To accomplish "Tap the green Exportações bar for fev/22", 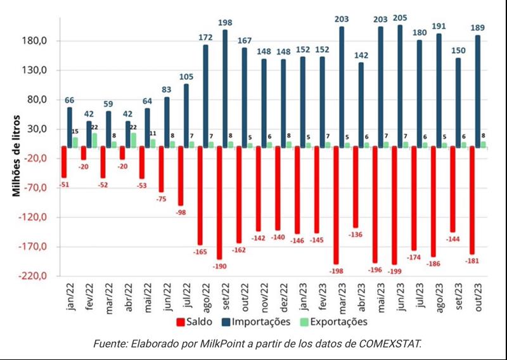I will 94,140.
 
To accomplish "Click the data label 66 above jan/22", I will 70,100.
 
